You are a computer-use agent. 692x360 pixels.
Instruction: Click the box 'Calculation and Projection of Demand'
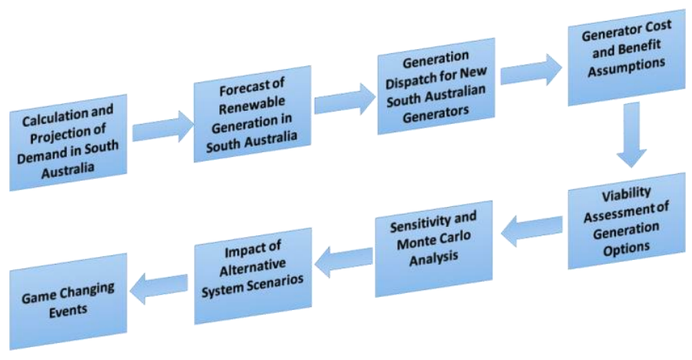coord(69,142)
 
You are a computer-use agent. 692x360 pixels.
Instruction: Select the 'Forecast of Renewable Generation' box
coord(252,114)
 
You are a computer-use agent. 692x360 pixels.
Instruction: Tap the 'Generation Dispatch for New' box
coord(436,86)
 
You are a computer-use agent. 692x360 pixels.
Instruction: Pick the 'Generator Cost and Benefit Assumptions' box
coord(627,58)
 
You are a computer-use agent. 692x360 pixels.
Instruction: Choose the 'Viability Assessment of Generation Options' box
coord(627,221)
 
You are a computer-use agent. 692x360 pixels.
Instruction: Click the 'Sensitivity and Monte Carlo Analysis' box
coord(434,248)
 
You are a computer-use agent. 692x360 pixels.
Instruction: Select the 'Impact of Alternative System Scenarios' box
coord(253,276)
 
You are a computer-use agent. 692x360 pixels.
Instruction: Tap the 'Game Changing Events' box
coord(69,302)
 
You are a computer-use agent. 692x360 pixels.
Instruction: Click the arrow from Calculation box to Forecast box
coord(163,127)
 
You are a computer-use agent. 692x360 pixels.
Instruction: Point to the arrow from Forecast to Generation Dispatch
coord(345,98)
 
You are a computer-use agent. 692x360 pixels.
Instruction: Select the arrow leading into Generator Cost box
coord(531,70)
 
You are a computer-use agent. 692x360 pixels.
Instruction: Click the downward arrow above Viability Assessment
coord(631,135)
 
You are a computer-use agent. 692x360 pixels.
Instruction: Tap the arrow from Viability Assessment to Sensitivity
coord(531,231)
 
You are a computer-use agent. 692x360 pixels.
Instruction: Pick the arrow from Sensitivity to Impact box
coord(344,262)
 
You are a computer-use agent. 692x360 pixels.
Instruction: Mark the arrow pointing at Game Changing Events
coord(159,288)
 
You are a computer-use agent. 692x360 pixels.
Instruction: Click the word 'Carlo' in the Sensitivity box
coord(455,238)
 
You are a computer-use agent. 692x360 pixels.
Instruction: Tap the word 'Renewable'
coord(252,105)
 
